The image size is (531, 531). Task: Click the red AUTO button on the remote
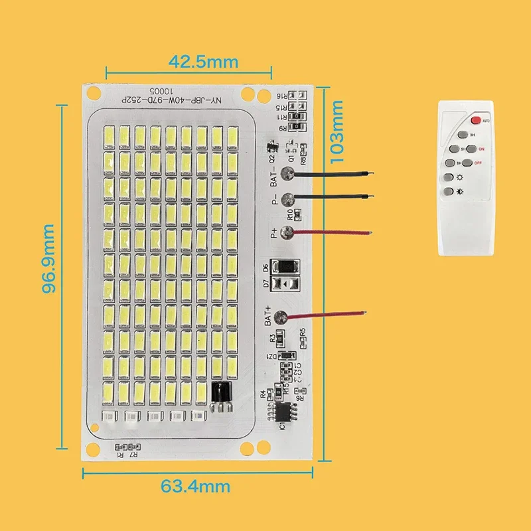point(476,120)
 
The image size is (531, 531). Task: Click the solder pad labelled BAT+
point(281,318)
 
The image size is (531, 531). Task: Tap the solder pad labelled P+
point(287,232)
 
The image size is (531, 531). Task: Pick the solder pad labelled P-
point(287,198)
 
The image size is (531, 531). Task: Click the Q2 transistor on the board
point(270,147)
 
